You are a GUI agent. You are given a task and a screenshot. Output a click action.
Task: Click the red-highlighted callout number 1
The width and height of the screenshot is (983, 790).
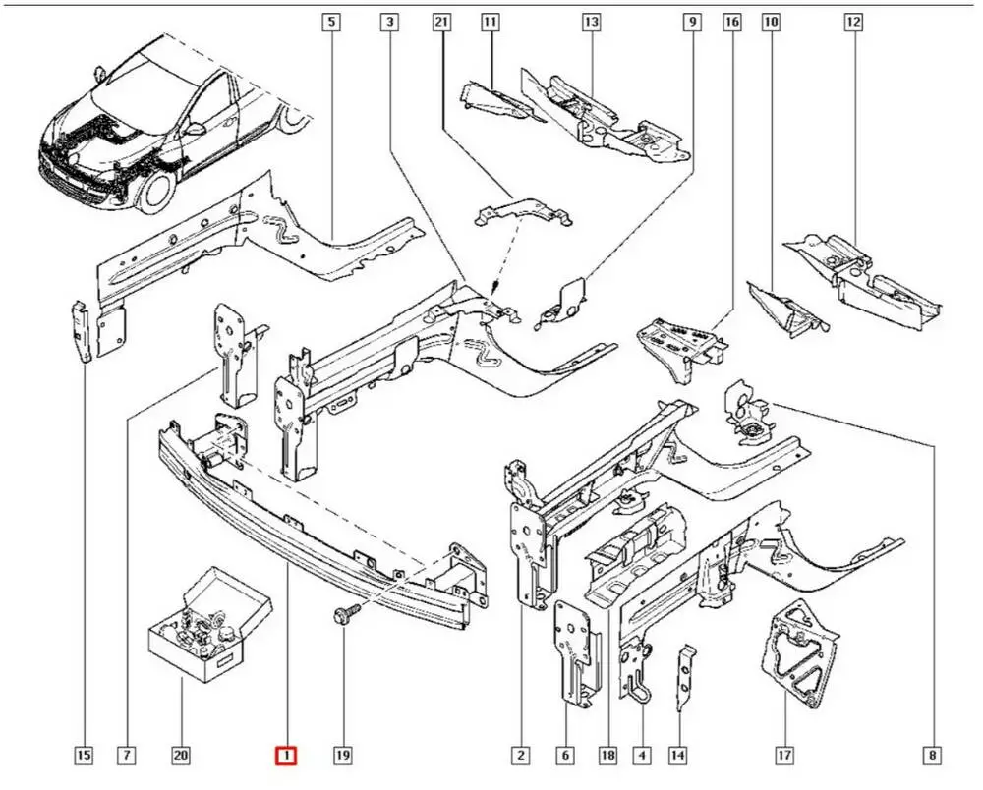click(285, 756)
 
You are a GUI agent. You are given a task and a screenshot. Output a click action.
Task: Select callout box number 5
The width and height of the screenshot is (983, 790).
click(331, 21)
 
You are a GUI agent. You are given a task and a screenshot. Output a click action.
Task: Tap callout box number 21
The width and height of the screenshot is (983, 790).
click(441, 21)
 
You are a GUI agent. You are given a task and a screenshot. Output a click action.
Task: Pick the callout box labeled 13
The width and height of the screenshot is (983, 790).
click(590, 21)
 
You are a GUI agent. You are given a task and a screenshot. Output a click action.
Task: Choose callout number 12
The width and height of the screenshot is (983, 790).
click(852, 21)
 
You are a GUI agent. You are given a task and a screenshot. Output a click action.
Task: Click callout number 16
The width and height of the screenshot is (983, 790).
click(731, 21)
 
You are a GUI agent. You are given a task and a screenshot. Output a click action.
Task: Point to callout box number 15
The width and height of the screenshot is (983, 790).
click(84, 756)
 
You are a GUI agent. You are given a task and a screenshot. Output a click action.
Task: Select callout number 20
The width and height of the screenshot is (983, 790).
click(181, 756)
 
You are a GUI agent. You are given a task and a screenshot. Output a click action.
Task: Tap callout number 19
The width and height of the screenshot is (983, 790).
click(342, 756)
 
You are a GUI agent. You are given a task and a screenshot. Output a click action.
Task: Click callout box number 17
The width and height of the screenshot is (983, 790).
click(783, 756)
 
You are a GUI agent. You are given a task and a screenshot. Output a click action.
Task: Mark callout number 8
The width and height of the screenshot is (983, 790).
click(931, 756)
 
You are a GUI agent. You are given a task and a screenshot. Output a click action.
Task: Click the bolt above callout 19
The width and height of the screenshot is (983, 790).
click(345, 615)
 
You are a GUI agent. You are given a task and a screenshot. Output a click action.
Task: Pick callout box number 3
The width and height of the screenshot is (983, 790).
click(390, 21)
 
